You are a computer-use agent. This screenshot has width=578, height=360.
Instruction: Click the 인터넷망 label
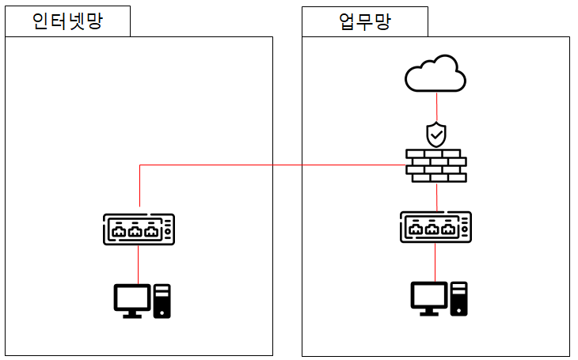(x=67, y=21)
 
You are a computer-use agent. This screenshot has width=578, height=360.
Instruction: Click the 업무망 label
(x=363, y=21)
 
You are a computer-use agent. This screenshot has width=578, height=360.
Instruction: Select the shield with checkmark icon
(x=436, y=135)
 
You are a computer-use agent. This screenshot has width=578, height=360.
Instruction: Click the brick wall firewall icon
(x=435, y=165)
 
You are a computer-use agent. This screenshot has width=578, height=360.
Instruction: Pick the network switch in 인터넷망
(x=139, y=229)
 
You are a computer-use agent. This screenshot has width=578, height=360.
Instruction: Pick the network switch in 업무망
(x=435, y=227)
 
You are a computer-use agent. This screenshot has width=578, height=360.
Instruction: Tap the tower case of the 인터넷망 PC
(x=162, y=301)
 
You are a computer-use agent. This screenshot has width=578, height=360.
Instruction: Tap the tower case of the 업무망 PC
(x=458, y=298)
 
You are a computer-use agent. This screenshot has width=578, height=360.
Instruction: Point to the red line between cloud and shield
(x=436, y=107)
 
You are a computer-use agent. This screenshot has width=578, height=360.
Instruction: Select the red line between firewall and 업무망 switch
(x=436, y=196)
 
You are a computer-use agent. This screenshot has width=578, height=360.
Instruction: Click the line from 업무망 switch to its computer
(x=435, y=261)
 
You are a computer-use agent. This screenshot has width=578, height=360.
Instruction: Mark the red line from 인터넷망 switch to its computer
(x=139, y=264)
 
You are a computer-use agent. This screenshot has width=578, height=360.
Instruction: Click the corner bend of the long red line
(x=140, y=165)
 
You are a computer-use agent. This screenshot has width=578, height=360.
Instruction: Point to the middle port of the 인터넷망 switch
(x=136, y=231)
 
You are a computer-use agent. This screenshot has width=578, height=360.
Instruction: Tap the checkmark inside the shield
(x=436, y=135)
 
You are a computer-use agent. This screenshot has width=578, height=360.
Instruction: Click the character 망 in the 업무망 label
(x=382, y=21)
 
